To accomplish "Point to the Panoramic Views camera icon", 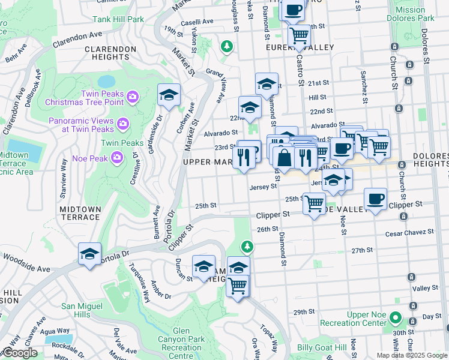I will [123, 124].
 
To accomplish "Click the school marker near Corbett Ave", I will [169, 95].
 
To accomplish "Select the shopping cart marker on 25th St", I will [314, 204].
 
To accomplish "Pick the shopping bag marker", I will [283, 158].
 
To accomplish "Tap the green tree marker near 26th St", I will [247, 246].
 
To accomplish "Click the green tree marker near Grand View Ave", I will [226, 46].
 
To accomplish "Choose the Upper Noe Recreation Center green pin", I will [395, 317].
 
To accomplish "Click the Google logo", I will [20, 353].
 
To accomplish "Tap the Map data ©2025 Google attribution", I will [411, 355].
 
